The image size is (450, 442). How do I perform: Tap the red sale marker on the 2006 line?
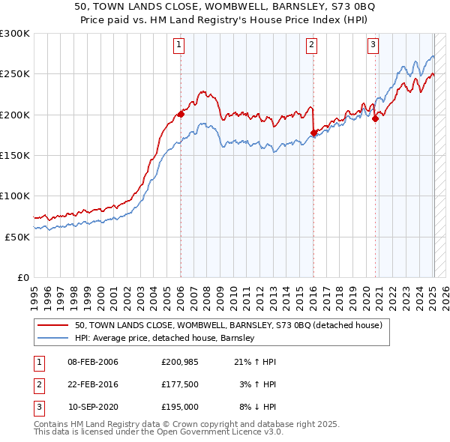pyautogui.click(x=181, y=114)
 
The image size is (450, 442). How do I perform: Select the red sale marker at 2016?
pyautogui.click(x=313, y=133)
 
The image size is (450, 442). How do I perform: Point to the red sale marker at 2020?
pyautogui.click(x=375, y=118)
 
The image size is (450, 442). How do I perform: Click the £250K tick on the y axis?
pyautogui.click(x=15, y=74)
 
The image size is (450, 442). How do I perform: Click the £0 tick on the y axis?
pyautogui.click(x=22, y=277)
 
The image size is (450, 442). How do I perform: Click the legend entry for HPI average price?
pyautogui.click(x=164, y=338)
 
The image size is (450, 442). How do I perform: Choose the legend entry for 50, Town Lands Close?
pyautogui.click(x=228, y=325)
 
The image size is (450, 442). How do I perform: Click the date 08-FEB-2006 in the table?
pyautogui.click(x=93, y=362)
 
